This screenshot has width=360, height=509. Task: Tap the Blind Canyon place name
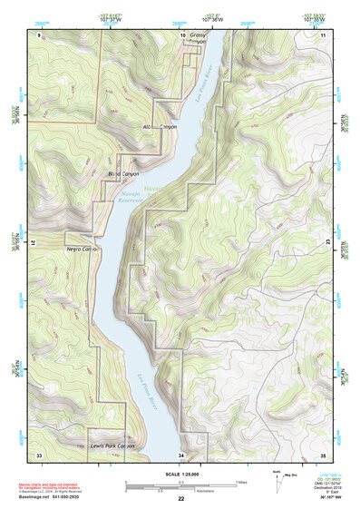pyautogui.click(x=126, y=172)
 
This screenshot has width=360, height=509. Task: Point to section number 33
pyautogui.click(x=39, y=454)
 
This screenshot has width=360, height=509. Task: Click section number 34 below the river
pyautogui.click(x=181, y=454)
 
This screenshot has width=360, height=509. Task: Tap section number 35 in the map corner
pyautogui.click(x=322, y=454)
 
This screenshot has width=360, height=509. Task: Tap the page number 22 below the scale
pyautogui.click(x=180, y=498)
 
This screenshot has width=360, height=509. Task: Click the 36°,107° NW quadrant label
pyautogui.click(x=333, y=497)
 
